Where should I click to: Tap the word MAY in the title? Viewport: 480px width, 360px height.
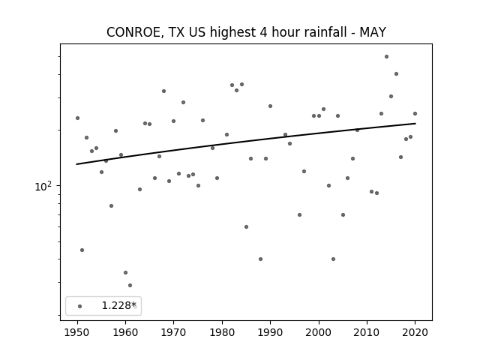373,32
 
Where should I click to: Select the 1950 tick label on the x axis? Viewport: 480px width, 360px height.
77,332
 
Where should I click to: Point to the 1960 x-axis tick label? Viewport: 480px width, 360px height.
125,332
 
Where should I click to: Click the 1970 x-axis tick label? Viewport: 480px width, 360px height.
174,332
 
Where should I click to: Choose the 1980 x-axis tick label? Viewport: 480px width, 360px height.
222,332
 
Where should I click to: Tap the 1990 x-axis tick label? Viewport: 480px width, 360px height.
270,332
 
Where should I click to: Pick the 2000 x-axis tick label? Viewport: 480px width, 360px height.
319,332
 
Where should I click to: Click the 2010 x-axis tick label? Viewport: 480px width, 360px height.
367,332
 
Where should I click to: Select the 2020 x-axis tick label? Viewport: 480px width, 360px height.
415,332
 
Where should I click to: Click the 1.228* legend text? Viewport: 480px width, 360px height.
118,305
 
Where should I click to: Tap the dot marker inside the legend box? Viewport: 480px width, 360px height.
80,306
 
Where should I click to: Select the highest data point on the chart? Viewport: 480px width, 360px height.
387,57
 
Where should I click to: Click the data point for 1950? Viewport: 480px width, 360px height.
77,118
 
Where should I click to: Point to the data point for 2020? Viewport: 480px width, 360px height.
415,113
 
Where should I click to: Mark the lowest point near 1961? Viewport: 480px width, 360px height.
130,285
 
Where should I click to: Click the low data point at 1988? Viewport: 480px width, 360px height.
260,259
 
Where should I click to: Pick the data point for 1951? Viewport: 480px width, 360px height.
82,250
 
